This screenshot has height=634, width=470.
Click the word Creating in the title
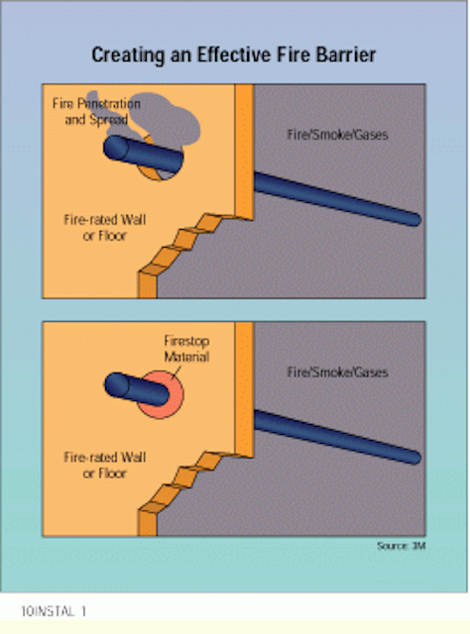pos(128,55)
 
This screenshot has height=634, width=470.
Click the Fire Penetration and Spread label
pos(96,111)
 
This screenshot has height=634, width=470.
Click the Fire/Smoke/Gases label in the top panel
pos(337,135)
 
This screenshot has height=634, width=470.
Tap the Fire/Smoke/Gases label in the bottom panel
pos(337,372)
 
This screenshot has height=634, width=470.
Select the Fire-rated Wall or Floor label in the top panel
pos(104,228)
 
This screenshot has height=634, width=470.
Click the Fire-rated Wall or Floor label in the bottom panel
pos(104,466)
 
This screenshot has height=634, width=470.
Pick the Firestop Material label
pos(186,349)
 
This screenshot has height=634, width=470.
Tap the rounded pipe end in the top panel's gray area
pos(413,220)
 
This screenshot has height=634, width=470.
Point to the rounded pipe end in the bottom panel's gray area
pos(413,458)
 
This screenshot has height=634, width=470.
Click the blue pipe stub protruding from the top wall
pos(143,154)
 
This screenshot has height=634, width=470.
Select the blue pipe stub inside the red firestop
pos(137,389)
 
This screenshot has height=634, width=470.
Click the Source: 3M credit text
pos(402,546)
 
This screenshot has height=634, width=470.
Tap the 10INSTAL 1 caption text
pos(54,611)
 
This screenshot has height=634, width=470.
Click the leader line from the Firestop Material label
pos(176,372)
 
